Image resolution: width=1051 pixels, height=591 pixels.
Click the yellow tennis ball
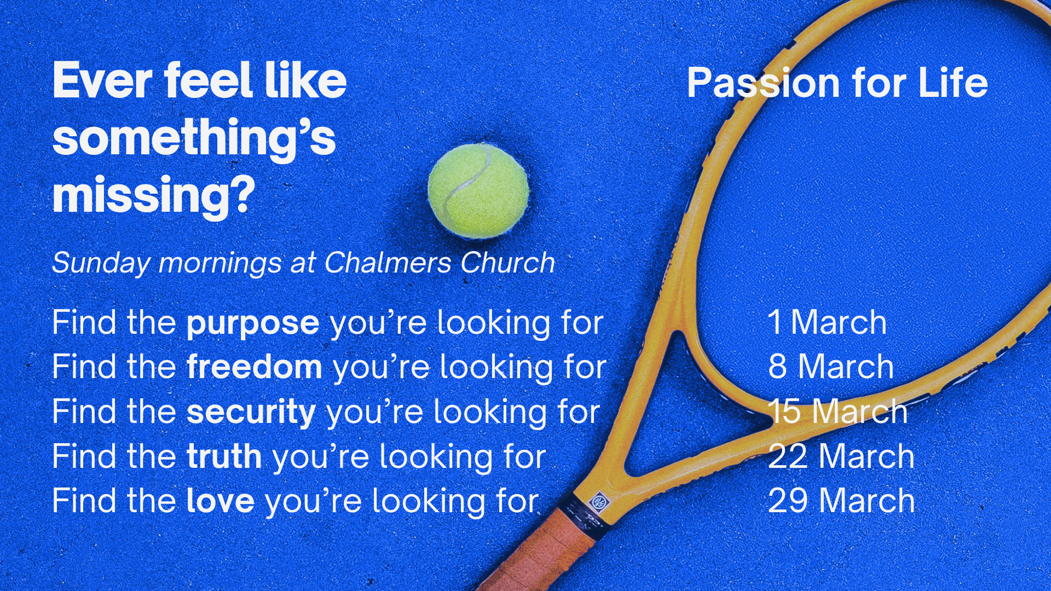pyautogui.click(x=478, y=191)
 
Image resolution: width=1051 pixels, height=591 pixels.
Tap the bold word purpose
pyautogui.click(x=253, y=323)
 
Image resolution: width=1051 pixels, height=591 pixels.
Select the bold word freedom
pyautogui.click(x=254, y=367)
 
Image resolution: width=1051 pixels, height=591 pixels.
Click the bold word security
pyautogui.click(x=251, y=412)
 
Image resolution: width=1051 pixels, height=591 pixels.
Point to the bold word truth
pyautogui.click(x=224, y=456)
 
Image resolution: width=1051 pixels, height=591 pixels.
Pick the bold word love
pyautogui.click(x=220, y=501)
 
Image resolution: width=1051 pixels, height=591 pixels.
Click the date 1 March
pyautogui.click(x=827, y=322)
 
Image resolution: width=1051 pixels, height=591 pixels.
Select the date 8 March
pyautogui.click(x=830, y=367)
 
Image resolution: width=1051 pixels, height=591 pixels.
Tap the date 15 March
pyautogui.click(x=838, y=412)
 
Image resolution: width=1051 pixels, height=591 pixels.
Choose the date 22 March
pyautogui.click(x=841, y=456)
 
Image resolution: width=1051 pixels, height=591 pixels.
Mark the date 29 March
pyautogui.click(x=841, y=501)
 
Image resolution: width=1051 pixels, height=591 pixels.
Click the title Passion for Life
pyautogui.click(x=837, y=83)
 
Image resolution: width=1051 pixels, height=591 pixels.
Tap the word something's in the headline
pyautogui.click(x=194, y=138)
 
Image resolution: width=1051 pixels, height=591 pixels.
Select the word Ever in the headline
pyautogui.click(x=103, y=81)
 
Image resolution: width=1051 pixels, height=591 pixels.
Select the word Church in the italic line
pyautogui.click(x=507, y=263)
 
